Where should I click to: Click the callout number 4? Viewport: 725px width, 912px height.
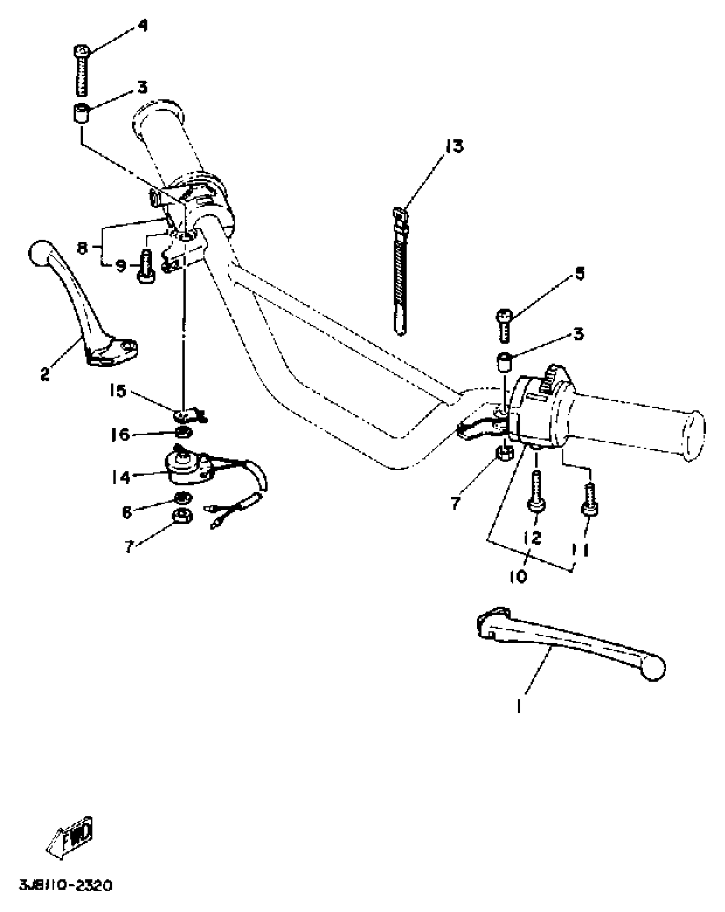click(142, 26)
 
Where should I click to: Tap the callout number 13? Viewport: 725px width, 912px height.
click(454, 146)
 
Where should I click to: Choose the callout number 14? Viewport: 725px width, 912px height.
click(121, 476)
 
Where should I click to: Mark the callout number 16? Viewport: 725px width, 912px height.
click(121, 435)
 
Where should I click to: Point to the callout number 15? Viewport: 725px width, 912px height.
click(118, 391)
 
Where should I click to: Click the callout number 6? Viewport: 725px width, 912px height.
click(127, 512)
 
